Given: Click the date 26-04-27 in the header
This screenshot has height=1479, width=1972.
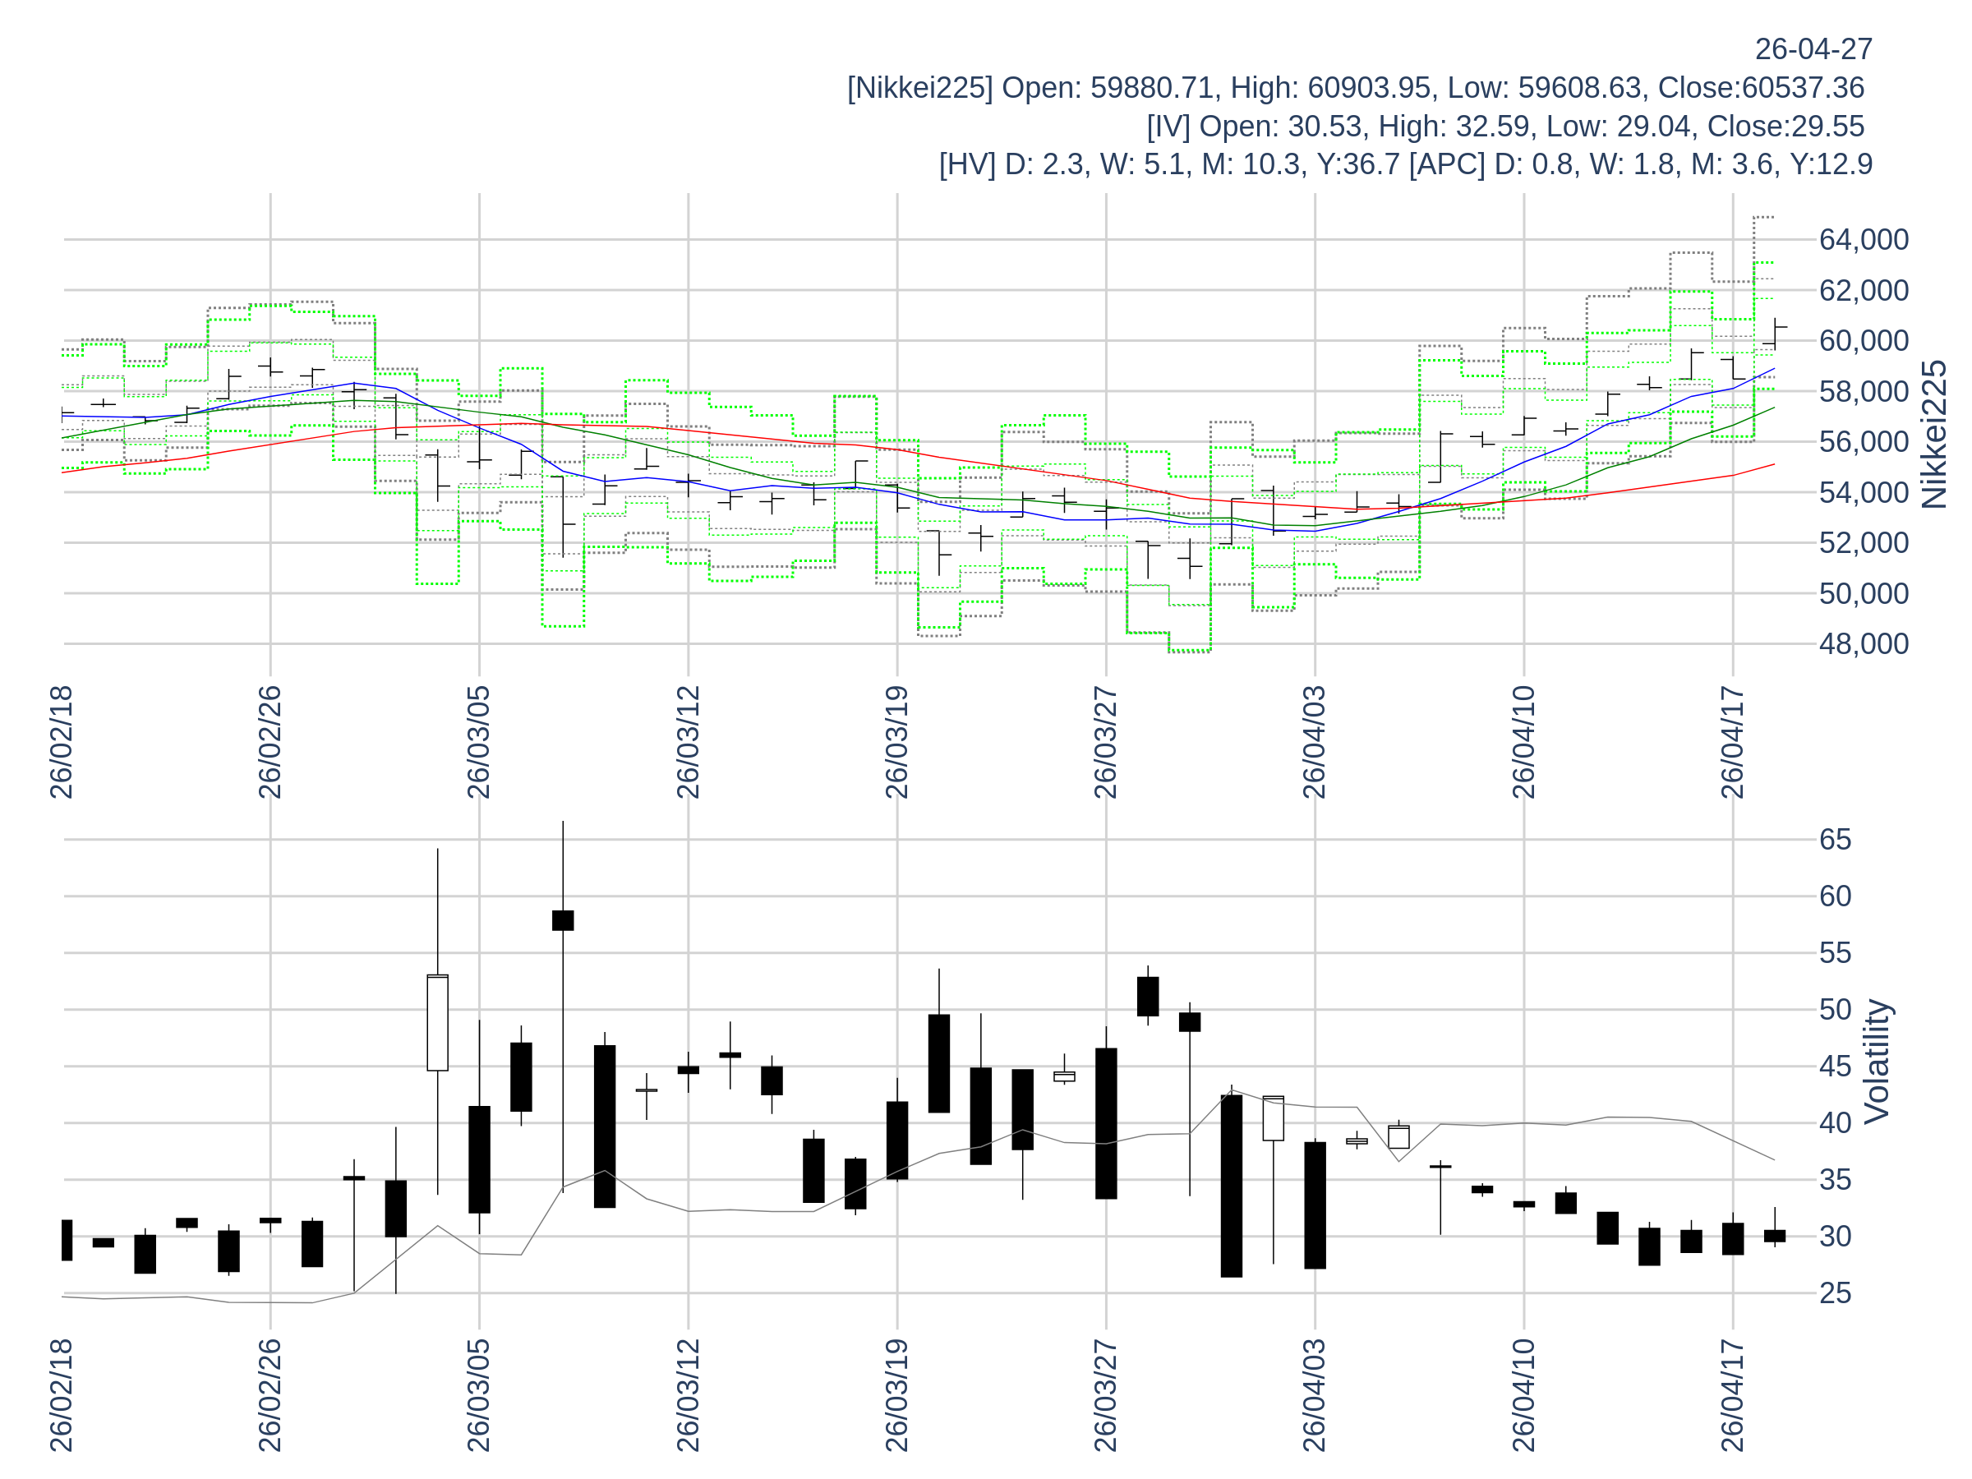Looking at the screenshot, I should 1813,49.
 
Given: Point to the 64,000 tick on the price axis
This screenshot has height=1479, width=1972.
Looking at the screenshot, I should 1864,240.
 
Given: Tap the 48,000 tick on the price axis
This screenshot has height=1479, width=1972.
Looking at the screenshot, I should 1864,643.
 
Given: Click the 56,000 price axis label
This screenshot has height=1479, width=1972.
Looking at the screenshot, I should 1864,442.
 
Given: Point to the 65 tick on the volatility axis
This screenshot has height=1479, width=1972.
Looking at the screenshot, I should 1835,840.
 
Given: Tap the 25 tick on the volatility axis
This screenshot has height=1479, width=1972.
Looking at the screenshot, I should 1835,1293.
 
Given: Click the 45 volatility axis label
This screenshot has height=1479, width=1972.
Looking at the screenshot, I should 1835,1067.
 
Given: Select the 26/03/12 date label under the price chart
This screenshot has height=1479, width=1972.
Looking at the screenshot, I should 689,742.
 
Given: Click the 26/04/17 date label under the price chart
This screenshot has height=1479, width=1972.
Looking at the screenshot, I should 1731,742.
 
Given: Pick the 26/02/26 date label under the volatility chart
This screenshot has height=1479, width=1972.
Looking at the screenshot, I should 270,1394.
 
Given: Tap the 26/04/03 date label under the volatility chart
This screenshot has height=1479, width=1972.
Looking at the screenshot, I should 1314,1394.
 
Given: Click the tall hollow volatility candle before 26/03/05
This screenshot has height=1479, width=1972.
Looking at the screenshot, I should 438,1022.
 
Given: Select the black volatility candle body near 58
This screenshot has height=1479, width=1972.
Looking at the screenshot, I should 563,920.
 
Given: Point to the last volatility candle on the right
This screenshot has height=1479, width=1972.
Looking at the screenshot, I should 1774,1236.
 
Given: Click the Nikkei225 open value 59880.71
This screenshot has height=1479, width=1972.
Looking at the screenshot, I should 1152,87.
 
